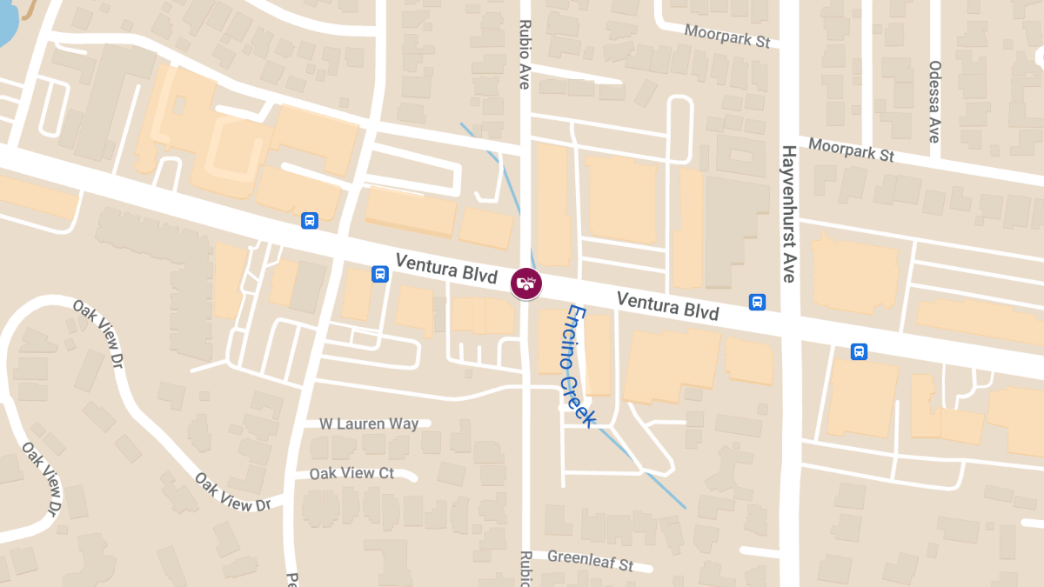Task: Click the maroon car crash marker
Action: [x=525, y=283]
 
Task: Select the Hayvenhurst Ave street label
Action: [x=788, y=214]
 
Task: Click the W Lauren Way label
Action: [x=369, y=424]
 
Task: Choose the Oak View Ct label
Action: [x=351, y=474]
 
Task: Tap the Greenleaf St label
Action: [x=590, y=560]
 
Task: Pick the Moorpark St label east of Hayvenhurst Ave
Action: [x=851, y=150]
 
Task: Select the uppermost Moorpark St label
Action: [x=727, y=36]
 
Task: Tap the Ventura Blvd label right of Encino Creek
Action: [x=667, y=305]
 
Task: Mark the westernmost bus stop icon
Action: [x=309, y=220]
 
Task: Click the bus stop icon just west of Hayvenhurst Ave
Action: [x=757, y=302]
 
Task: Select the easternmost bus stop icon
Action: [x=859, y=351]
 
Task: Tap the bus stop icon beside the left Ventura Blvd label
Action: [x=379, y=274]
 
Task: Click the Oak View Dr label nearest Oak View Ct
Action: [x=233, y=492]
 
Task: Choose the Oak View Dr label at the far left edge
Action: [x=43, y=477]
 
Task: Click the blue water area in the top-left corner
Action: [x=7, y=22]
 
